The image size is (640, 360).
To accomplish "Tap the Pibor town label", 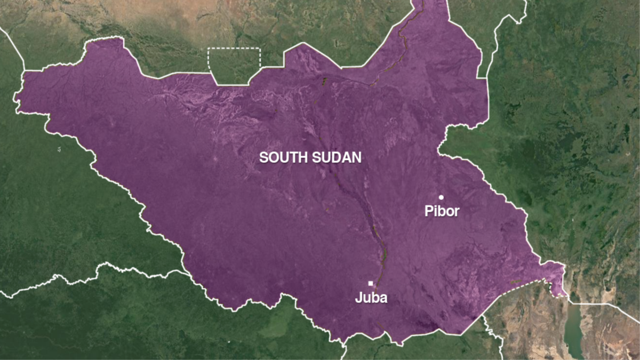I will tap(442, 212).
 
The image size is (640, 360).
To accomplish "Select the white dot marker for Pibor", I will tap(441, 197).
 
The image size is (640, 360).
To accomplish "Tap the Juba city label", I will tap(371, 298).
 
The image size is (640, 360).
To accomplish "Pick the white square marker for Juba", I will tap(371, 283).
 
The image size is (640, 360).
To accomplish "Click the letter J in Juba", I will tap(358, 298).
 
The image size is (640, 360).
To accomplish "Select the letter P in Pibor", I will tap(428, 212).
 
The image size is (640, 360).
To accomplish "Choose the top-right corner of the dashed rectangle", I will tap(260, 49).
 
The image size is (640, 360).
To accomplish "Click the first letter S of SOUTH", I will tap(263, 157).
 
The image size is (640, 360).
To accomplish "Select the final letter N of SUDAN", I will tap(357, 157).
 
